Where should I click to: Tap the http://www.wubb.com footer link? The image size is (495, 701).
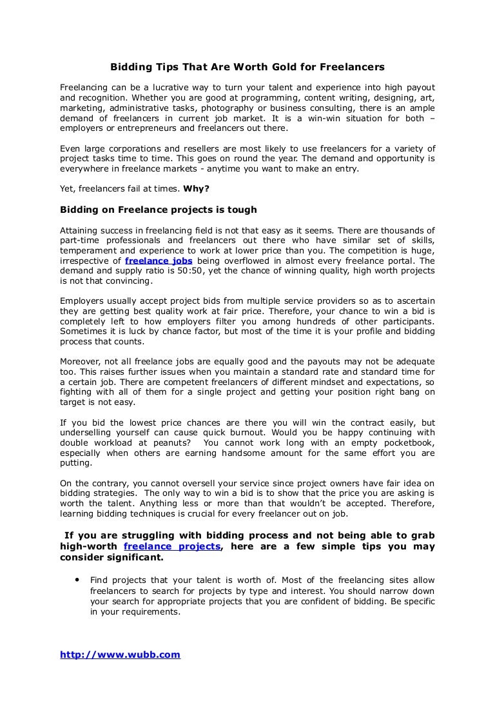coord(120,655)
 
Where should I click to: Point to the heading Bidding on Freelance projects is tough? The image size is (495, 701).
coord(158,210)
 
